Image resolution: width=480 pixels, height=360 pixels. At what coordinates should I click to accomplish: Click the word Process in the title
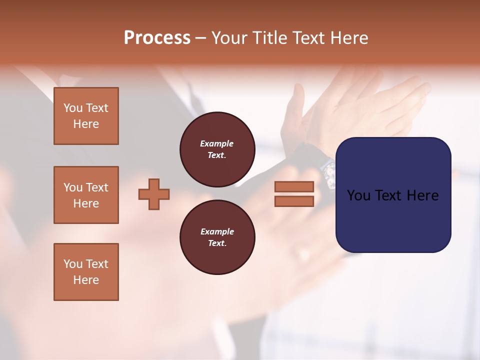(x=157, y=38)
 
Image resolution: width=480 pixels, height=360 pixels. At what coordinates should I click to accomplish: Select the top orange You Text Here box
(x=86, y=116)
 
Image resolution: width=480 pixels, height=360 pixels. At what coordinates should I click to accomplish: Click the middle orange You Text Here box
(x=86, y=195)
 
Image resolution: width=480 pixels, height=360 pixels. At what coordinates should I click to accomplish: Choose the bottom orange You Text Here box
(x=86, y=272)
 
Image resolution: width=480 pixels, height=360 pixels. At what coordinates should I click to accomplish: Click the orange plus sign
(x=154, y=194)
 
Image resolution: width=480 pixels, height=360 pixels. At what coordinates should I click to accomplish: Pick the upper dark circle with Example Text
(x=217, y=149)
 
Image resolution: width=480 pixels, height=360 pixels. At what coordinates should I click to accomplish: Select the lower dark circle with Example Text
(x=217, y=237)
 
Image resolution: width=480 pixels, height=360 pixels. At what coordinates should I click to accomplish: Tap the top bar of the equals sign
(x=294, y=187)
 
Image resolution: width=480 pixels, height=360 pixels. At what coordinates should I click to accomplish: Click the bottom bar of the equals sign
(x=294, y=201)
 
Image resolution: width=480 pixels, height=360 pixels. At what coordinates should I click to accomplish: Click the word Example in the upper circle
(x=216, y=143)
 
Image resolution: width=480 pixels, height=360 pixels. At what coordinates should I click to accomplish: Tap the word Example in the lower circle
(x=217, y=231)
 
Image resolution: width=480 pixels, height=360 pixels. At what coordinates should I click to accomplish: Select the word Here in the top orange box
(x=86, y=124)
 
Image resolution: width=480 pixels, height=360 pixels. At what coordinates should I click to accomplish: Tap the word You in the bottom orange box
(x=73, y=264)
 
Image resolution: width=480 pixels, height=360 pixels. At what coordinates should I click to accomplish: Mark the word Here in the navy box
(x=423, y=195)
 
